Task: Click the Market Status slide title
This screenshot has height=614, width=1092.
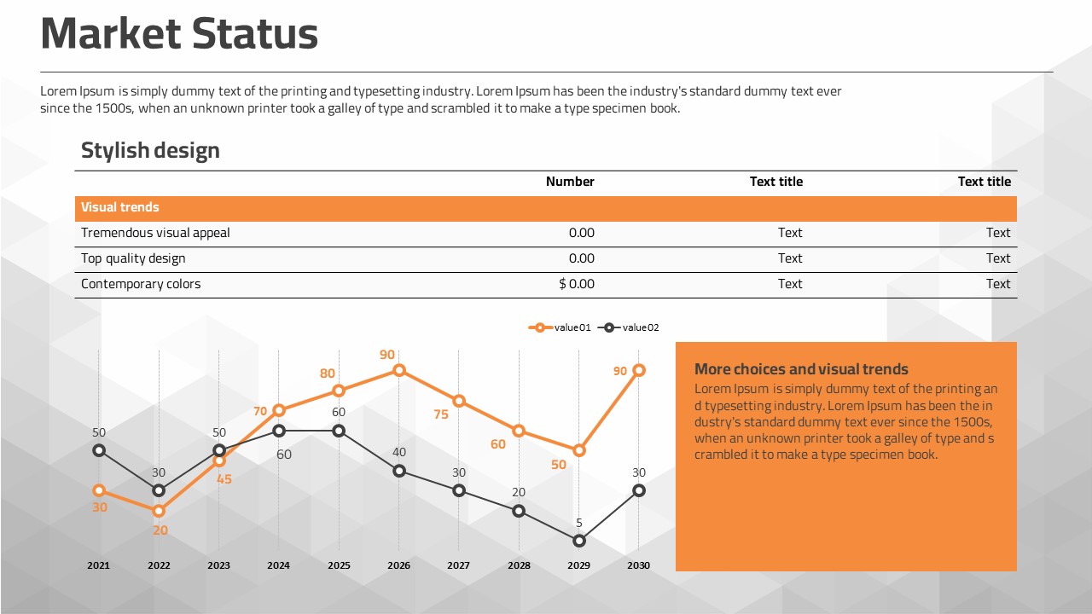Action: click(x=179, y=34)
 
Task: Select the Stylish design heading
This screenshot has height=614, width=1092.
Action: click(x=150, y=151)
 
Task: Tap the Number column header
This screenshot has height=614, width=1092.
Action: click(x=570, y=182)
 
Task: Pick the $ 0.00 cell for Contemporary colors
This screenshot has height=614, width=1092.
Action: click(x=577, y=284)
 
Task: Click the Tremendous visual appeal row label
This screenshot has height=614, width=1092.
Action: click(x=155, y=233)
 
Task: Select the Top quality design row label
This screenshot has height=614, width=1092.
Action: click(x=133, y=258)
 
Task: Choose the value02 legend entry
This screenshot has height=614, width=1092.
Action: click(x=630, y=327)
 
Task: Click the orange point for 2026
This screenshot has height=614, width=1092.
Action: click(x=398, y=370)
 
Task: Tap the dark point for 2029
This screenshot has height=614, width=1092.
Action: click(x=579, y=541)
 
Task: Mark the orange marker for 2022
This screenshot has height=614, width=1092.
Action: click(x=159, y=511)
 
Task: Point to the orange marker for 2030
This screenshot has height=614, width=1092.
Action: click(x=639, y=370)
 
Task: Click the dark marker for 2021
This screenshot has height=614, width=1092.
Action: click(x=99, y=450)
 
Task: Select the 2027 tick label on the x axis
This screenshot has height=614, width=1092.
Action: click(x=458, y=565)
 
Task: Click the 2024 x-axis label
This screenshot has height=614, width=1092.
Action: click(x=278, y=565)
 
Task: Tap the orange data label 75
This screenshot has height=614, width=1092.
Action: click(x=441, y=414)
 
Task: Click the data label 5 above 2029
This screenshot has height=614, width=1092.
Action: click(x=579, y=523)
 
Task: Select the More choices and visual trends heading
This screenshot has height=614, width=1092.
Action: click(x=801, y=369)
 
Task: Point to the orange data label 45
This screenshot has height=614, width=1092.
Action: click(x=224, y=479)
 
